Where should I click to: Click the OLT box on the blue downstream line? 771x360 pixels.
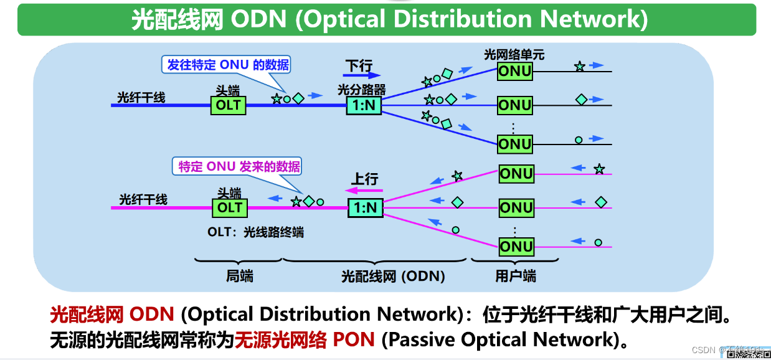pos(228,105)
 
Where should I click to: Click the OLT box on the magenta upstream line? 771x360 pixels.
pos(229,207)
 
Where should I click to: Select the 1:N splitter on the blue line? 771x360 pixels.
pos(364,105)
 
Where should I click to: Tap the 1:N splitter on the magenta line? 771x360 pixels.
pos(365,207)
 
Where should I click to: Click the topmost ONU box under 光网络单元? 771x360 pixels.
pos(514,71)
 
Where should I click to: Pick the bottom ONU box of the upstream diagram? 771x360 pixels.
pos(516,247)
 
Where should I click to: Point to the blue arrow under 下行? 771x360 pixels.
pos(361,76)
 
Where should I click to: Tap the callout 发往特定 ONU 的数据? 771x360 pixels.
pos(228,65)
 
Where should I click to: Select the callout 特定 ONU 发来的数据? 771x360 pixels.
pos(239,166)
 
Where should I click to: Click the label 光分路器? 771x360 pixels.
pos(362,90)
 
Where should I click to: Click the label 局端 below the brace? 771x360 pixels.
pos(240,276)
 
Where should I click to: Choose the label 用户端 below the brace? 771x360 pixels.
pos(516,276)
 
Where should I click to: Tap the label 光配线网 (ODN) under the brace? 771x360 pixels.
pos(393,276)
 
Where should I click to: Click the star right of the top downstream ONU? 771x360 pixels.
pos(579,66)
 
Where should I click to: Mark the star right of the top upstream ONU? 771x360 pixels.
pos(599,169)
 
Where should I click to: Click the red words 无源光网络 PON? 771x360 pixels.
pos(305,339)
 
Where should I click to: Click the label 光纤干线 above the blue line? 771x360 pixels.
pos(141,97)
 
